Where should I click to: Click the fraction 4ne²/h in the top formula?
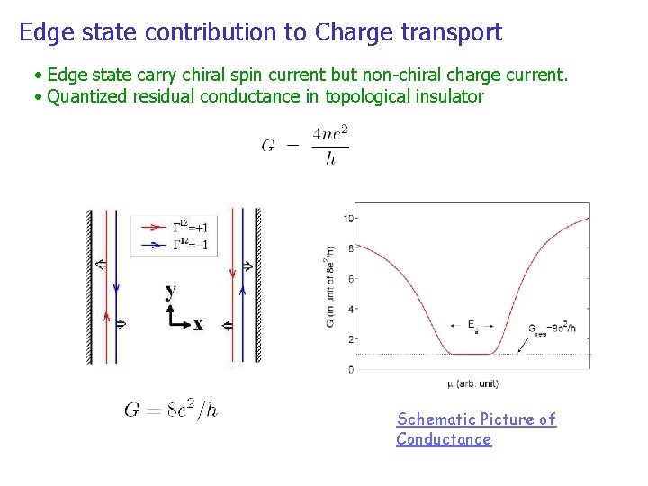[330, 146]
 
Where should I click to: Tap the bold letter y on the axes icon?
[171, 292]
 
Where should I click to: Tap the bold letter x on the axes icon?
[198, 325]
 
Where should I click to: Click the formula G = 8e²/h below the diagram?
[171, 409]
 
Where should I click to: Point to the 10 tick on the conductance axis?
[347, 218]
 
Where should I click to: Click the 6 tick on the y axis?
[349, 278]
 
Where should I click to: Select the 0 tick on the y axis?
[349, 369]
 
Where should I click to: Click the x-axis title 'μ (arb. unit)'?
[472, 384]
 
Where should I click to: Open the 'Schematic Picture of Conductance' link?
[476, 429]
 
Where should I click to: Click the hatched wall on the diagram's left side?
[89, 286]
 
